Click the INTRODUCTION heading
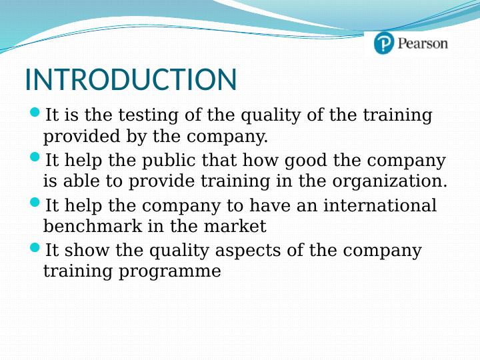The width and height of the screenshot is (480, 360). [131, 80]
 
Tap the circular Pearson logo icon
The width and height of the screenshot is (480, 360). [384, 43]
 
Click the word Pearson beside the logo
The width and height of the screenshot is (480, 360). [423, 44]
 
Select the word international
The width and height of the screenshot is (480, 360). [380, 205]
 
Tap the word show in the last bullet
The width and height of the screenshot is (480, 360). [83, 251]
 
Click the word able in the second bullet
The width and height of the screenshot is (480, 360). [81, 181]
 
